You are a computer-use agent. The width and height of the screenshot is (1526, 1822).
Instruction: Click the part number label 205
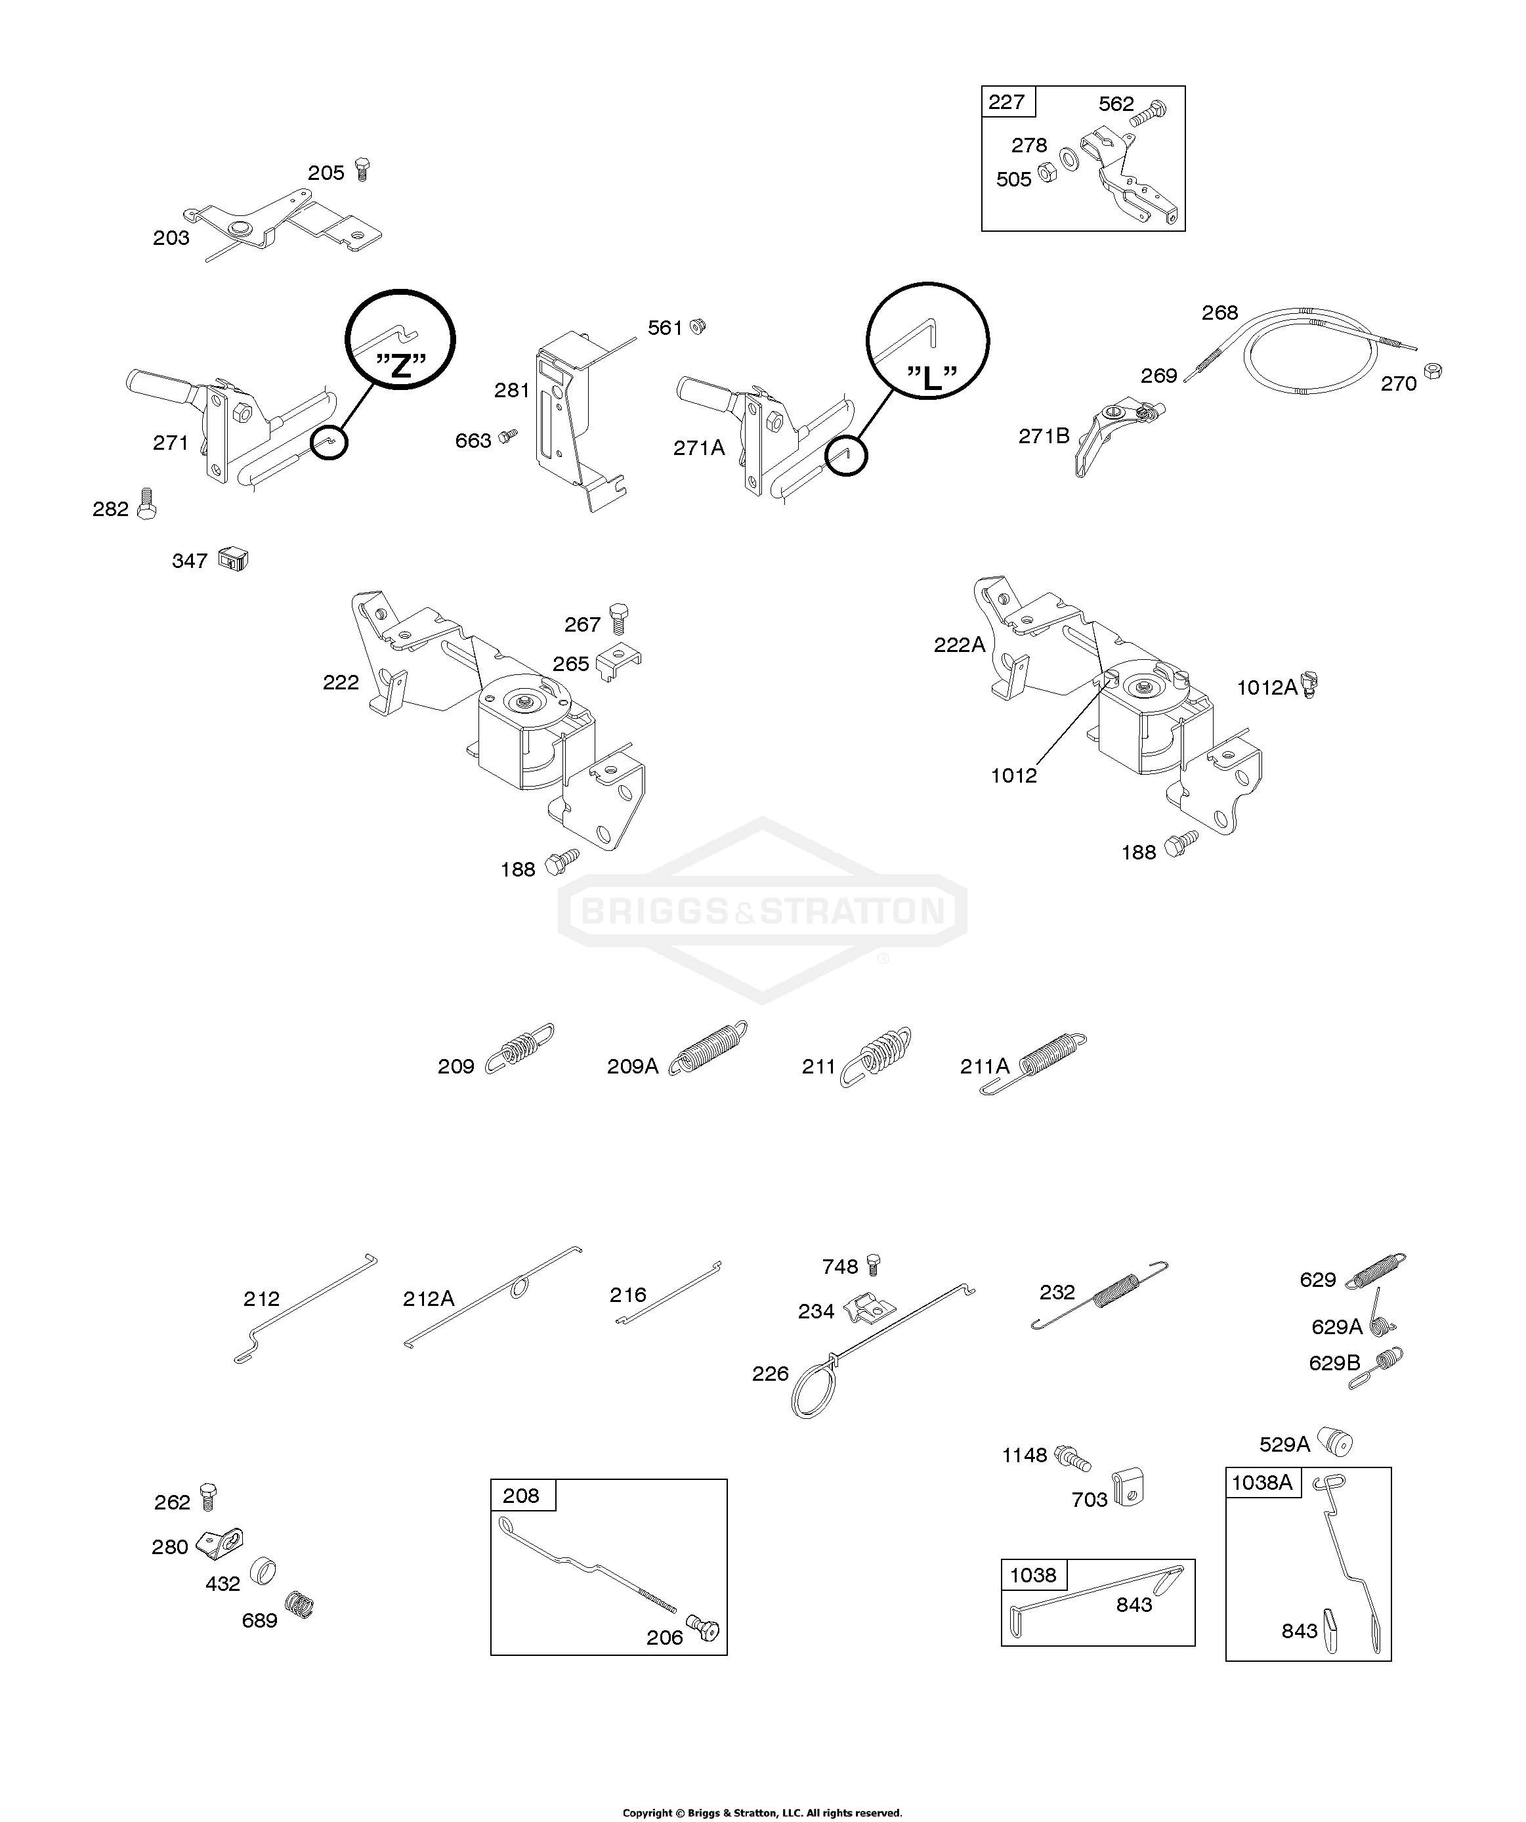(326, 173)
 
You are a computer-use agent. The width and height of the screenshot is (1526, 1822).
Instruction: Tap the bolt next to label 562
(1149, 113)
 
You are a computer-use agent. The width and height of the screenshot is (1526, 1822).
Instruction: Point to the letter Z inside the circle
(400, 366)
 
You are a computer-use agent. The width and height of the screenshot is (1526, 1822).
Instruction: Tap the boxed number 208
(520, 1495)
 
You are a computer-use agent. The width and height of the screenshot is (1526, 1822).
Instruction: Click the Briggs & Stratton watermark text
(762, 911)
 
